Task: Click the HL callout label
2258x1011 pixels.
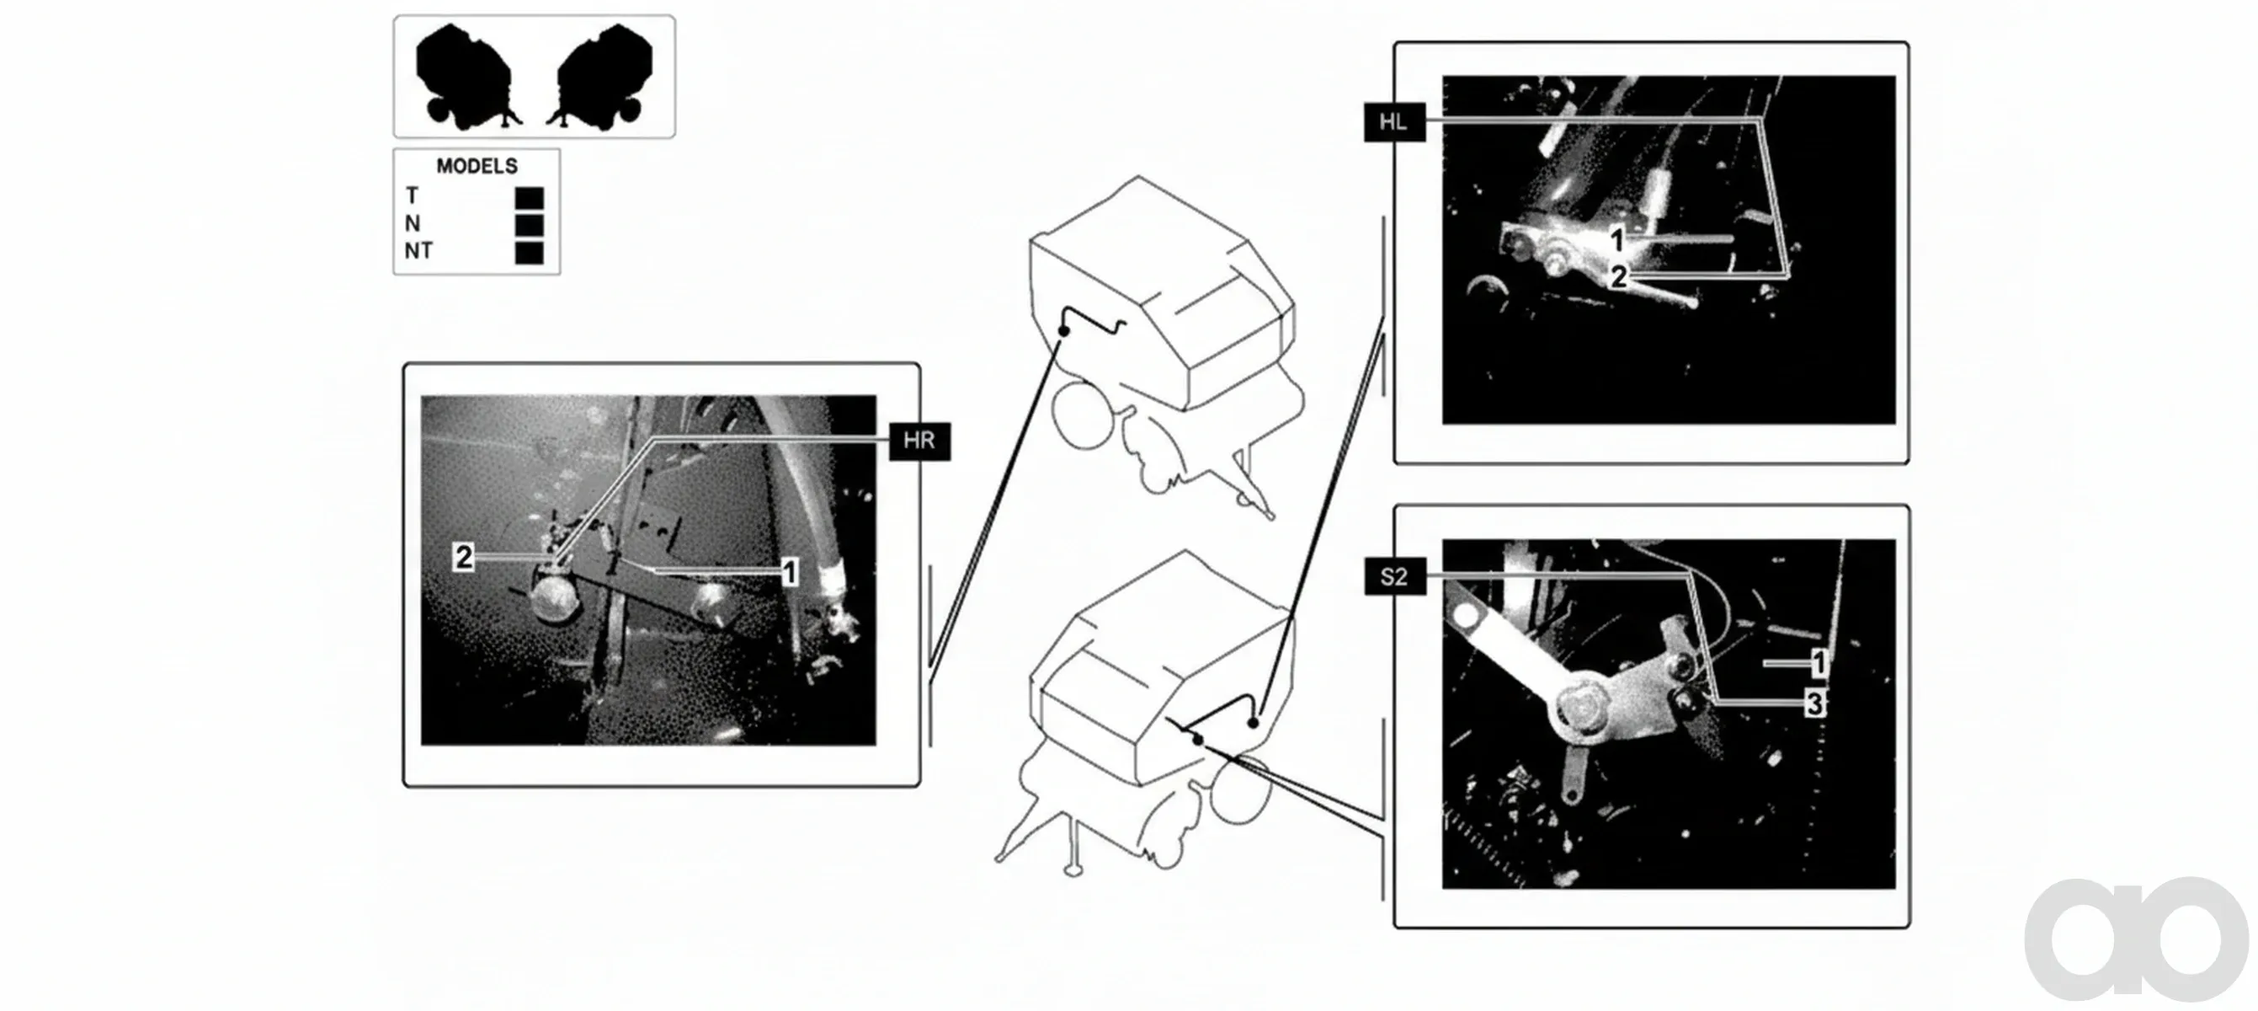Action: [1393, 122]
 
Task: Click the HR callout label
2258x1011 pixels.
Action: [919, 440]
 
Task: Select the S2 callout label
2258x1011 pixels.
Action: [1393, 576]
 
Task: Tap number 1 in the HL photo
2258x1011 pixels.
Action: [1618, 238]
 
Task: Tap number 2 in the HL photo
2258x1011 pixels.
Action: [1619, 277]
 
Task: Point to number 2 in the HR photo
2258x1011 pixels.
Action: [464, 557]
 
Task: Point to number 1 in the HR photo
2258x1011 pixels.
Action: [789, 572]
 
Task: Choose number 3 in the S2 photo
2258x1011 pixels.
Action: [1815, 703]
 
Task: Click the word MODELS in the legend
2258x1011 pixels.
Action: [477, 166]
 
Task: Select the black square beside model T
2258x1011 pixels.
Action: [530, 198]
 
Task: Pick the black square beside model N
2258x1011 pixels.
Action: [530, 225]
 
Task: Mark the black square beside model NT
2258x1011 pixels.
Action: [530, 254]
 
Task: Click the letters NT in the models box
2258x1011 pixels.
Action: [418, 251]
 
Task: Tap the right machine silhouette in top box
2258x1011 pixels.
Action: [600, 76]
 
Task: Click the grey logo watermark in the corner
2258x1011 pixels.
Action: [2136, 939]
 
